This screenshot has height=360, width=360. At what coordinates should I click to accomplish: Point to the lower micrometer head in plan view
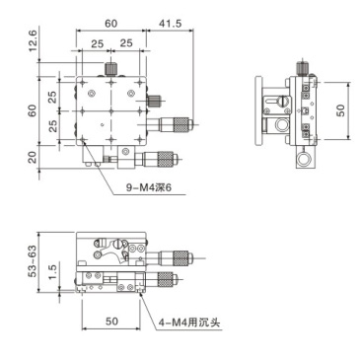point(161,156)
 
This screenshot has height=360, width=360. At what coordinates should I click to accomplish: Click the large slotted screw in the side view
point(283,101)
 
